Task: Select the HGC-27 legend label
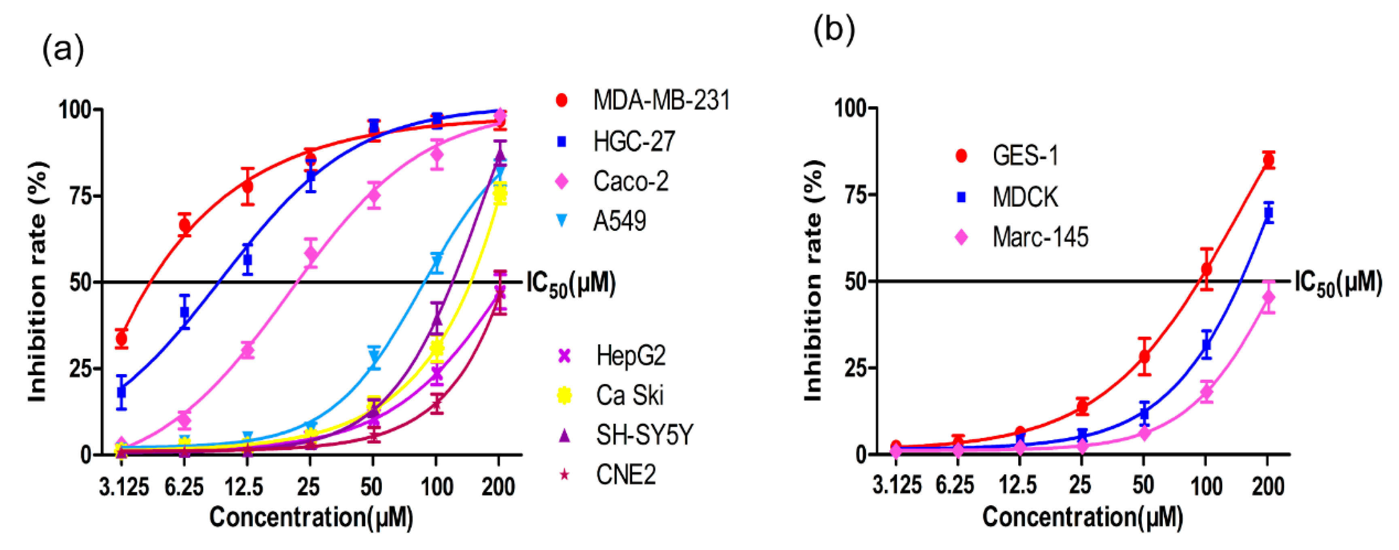[x=633, y=141]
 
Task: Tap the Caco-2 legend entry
[x=630, y=181]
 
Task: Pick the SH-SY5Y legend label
[x=644, y=435]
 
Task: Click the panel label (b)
[x=834, y=30]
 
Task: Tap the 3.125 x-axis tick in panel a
[x=123, y=487]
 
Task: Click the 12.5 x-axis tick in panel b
[x=1018, y=485]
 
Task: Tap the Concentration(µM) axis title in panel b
[x=1082, y=516]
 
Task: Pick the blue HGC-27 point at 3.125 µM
[x=122, y=391]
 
